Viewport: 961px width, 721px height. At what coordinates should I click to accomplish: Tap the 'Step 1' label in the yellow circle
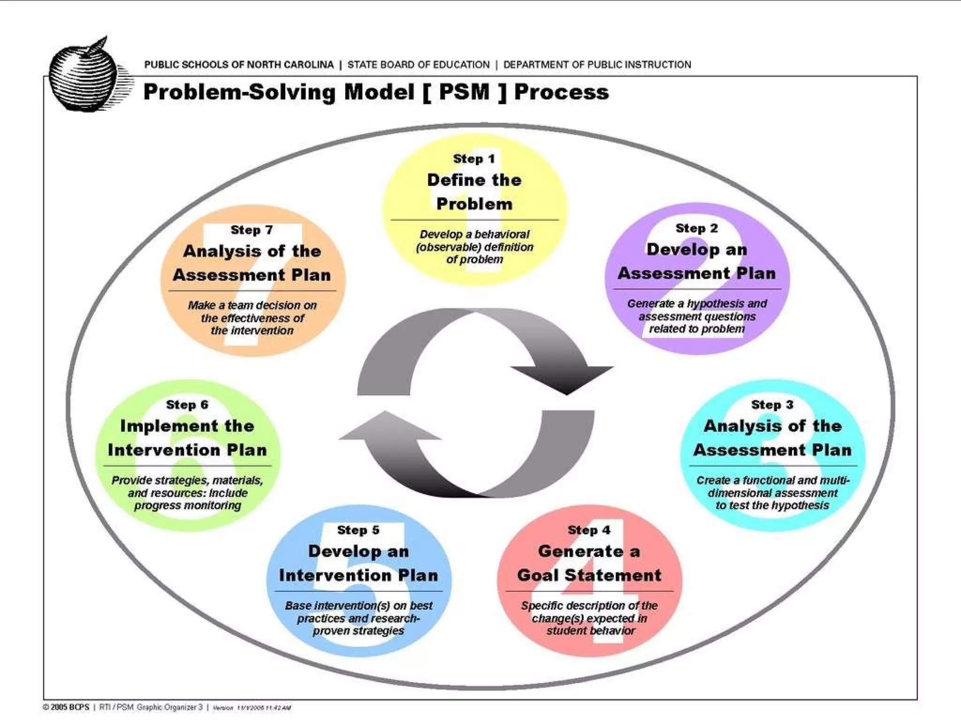(474, 159)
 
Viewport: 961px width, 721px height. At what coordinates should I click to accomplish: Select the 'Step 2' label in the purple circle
(697, 229)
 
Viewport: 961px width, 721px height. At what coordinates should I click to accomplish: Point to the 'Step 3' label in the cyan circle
(772, 405)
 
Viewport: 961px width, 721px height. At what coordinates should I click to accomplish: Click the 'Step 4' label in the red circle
(589, 530)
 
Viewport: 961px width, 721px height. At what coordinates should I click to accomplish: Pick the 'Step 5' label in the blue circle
(358, 530)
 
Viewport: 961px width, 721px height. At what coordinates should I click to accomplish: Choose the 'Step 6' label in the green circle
(187, 405)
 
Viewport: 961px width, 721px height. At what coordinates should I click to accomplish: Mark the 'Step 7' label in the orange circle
(252, 230)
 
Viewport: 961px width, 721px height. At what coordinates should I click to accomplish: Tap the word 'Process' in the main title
(561, 92)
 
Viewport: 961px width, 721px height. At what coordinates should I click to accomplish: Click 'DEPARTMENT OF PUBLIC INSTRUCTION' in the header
(597, 65)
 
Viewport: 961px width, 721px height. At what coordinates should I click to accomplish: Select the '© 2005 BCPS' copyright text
(66, 707)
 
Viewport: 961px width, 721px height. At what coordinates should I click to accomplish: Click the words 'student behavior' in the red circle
(590, 631)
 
